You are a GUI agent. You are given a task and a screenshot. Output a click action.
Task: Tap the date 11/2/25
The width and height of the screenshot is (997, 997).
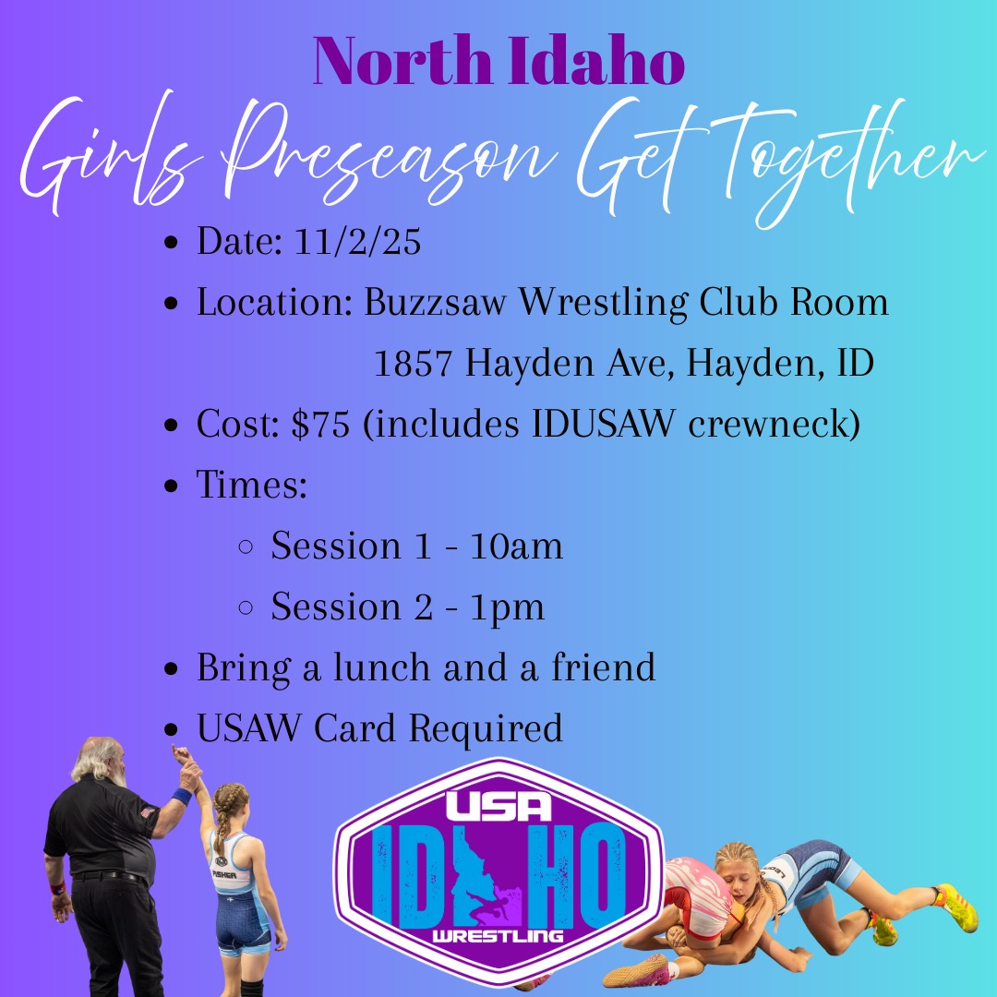pos(357,241)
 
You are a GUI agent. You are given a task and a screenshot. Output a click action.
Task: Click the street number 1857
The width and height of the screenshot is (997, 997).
pos(413,363)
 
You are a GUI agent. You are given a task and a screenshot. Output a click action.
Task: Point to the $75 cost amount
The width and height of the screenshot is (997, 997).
pos(320,424)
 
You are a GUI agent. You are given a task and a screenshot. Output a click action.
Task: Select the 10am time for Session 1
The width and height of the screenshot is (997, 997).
pos(516,547)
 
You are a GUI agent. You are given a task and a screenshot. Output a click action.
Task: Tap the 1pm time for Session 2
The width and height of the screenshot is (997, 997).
pos(508,607)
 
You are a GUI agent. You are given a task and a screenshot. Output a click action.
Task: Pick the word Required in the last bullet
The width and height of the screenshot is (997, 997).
pos(486,728)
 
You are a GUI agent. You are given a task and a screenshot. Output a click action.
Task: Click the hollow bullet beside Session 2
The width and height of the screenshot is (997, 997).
pos(246,607)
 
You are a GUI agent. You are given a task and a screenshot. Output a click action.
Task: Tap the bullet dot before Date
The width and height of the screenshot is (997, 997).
pos(171,242)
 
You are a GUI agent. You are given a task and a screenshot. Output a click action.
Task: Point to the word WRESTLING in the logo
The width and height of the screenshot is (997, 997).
pos(498,935)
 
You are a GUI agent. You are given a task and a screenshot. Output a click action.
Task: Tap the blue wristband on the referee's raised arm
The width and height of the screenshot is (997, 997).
pos(182,796)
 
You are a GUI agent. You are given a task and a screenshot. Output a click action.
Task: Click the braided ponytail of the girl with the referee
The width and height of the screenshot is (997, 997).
pos(222,821)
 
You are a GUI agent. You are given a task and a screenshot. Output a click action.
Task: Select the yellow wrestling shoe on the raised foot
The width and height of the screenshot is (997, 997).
pos(956,907)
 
